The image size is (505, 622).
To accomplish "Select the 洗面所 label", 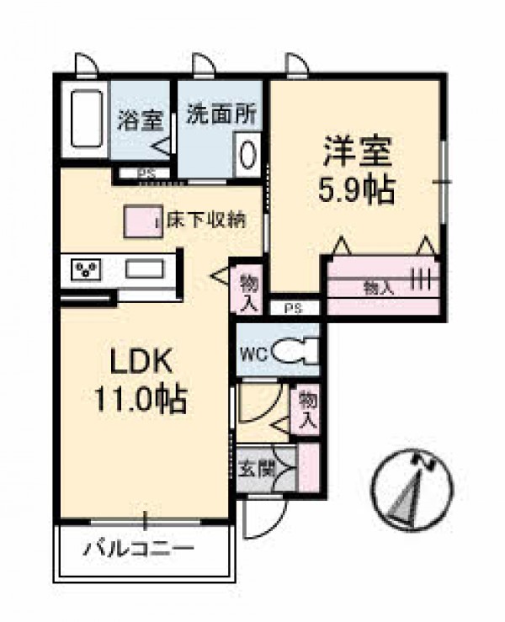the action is point(221,114).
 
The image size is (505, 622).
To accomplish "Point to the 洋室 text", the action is point(358,152).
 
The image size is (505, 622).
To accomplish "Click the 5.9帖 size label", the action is point(357,190).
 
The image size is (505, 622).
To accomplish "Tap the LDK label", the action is point(141,360).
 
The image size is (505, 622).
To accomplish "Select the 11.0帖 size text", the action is point(141,399).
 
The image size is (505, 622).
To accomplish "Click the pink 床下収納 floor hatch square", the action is point(143,221).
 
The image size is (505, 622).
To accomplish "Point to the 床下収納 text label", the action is point(206,221).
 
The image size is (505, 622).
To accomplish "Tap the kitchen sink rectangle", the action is point(145,268).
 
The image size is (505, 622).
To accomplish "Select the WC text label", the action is point(255,354).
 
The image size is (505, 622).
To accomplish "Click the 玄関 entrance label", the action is point(256,470).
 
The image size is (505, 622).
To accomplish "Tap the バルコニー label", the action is point(139,549).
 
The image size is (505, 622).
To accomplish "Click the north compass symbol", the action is point(412,490).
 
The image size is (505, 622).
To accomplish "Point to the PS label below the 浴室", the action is point(146,173).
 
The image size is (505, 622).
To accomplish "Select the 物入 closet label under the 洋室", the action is point(379,289).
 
